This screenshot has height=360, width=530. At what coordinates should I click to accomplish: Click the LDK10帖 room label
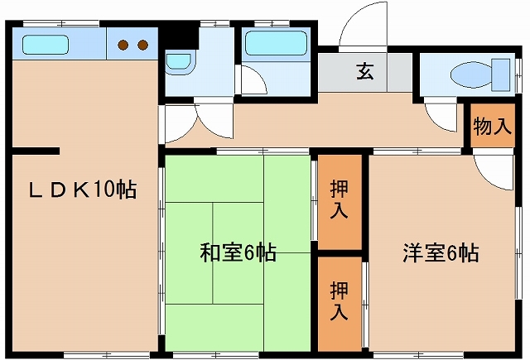click(83, 190)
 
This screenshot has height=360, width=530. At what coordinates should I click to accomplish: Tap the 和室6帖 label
click(238, 252)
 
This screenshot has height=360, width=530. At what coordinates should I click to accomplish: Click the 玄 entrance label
click(364, 72)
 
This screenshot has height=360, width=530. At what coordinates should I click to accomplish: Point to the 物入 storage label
click(491, 127)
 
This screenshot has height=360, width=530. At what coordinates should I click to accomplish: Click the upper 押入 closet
click(339, 199)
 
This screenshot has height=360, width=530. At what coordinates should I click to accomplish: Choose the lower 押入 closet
click(339, 302)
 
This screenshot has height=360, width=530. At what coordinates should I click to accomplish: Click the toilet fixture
click(472, 74)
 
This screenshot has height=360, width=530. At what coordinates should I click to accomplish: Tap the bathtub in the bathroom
click(277, 43)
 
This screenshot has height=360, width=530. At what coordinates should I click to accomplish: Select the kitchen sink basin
click(46, 44)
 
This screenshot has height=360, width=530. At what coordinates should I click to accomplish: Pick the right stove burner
click(142, 45)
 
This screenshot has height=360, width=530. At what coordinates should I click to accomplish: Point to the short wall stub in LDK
click(35, 151)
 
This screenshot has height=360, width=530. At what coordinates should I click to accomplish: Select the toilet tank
click(499, 74)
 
